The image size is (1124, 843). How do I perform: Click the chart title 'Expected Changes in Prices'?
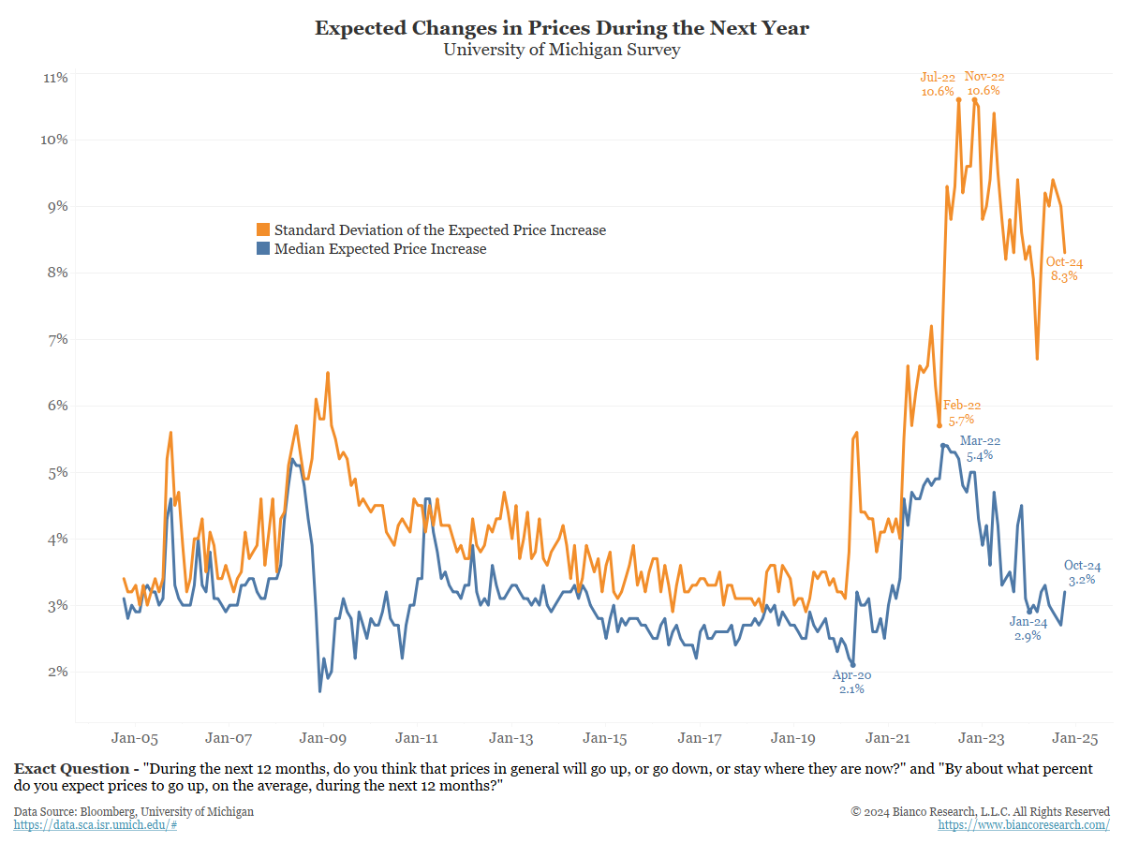click(x=561, y=28)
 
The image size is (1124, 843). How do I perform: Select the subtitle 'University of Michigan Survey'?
click(x=561, y=50)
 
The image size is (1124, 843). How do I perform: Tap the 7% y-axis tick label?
click(x=55, y=339)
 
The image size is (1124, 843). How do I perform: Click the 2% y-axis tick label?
click(x=55, y=672)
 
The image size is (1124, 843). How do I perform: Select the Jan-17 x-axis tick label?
click(x=700, y=737)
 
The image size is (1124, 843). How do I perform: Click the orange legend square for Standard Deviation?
click(x=263, y=230)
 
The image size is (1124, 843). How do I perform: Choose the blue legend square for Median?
click(x=263, y=249)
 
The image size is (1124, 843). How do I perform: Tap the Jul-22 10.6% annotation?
click(x=937, y=84)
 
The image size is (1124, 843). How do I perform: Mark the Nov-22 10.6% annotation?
click(x=983, y=83)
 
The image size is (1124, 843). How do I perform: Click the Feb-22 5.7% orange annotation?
click(x=962, y=413)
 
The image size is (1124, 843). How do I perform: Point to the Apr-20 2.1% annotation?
click(x=851, y=682)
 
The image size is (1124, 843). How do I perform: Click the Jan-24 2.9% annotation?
click(x=1028, y=629)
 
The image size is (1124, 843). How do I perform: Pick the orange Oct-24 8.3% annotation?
click(x=1064, y=269)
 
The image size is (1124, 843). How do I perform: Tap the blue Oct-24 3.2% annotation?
click(x=1082, y=572)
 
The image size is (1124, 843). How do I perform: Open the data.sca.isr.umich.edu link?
click(x=96, y=824)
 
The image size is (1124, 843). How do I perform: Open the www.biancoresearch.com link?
click(x=1024, y=824)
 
